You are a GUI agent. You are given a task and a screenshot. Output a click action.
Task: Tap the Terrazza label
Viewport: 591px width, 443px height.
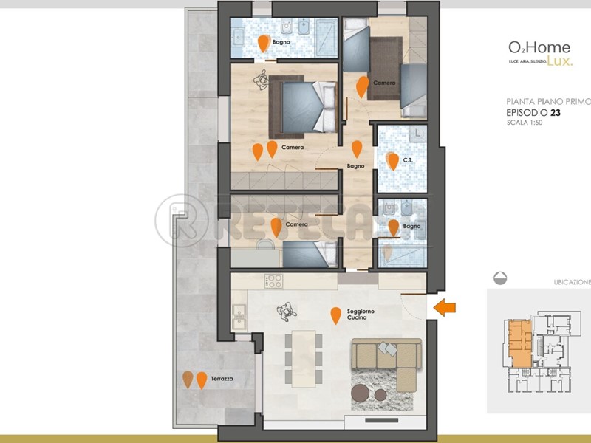[222, 379]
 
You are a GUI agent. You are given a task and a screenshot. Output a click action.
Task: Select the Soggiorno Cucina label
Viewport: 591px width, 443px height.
[361, 315]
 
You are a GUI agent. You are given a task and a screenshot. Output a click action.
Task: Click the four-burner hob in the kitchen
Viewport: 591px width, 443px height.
[274, 281]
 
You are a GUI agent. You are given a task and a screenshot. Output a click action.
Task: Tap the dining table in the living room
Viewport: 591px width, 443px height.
[304, 357]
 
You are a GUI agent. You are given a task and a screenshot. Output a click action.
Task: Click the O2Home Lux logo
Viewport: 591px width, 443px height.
[539, 53]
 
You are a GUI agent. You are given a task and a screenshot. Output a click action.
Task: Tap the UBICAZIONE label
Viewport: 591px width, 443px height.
[572, 282]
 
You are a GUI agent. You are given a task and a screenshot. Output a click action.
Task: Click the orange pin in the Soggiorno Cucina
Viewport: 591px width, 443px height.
[336, 315]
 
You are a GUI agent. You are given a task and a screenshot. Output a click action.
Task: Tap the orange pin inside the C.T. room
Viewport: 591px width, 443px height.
[393, 161]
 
